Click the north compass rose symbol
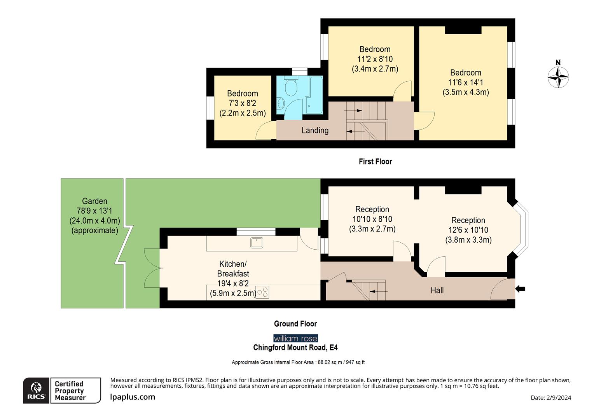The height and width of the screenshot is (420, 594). point(558,77)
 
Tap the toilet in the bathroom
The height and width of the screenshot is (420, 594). point(291,87)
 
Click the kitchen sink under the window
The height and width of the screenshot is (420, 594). point(257,243)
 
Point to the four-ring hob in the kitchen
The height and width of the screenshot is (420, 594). point(263,292)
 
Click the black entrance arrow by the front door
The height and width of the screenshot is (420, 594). point(520,289)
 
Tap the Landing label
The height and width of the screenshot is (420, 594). point(315,131)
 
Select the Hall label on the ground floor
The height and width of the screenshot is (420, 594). point(437,290)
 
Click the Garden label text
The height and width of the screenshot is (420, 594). point(94,201)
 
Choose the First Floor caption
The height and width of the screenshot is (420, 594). point(375,161)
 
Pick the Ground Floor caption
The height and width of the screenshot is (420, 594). point(295,324)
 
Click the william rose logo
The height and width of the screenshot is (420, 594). point(295,338)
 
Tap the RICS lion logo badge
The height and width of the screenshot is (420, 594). point(36,390)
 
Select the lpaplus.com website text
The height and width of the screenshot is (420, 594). point(133,397)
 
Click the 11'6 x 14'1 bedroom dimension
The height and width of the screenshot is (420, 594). point(465,82)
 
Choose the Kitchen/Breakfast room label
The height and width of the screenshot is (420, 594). point(233,269)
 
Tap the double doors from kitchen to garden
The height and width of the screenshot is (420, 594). point(152,268)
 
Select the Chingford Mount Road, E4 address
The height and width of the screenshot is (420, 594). point(295,348)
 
